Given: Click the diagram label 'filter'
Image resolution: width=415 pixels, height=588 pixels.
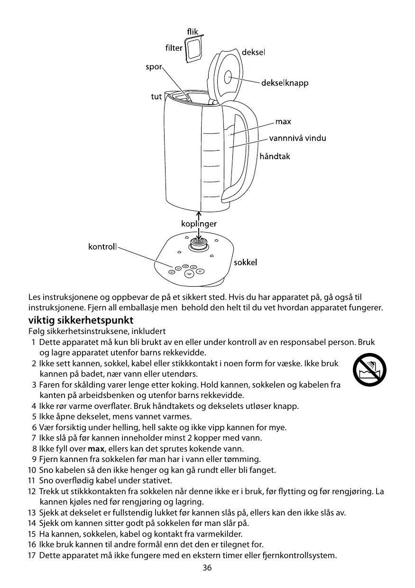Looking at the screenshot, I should (x=174, y=48).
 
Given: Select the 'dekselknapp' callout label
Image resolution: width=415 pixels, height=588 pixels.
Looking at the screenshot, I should (x=285, y=83).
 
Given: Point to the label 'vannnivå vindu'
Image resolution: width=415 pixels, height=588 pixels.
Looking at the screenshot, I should (x=297, y=138).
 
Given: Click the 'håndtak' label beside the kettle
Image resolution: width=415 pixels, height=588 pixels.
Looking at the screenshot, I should (x=275, y=156).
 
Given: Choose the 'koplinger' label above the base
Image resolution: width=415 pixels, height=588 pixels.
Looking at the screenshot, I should (x=198, y=223).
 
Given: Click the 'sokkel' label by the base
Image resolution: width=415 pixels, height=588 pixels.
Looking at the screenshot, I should (x=245, y=262).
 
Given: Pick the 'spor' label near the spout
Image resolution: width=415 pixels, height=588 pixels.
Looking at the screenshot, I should (x=154, y=67).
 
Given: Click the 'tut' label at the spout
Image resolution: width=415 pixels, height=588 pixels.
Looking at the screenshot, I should (x=156, y=97).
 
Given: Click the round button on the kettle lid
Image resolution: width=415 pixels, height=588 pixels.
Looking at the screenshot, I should (x=228, y=75).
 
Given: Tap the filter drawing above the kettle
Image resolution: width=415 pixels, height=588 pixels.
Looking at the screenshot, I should (x=193, y=49).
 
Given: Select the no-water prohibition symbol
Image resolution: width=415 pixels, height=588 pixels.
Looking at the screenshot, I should (x=369, y=370).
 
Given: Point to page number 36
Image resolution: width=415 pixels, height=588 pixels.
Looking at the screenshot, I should (x=207, y=568).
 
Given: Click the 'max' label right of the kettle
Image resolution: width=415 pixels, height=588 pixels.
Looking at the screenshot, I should (x=283, y=122).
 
